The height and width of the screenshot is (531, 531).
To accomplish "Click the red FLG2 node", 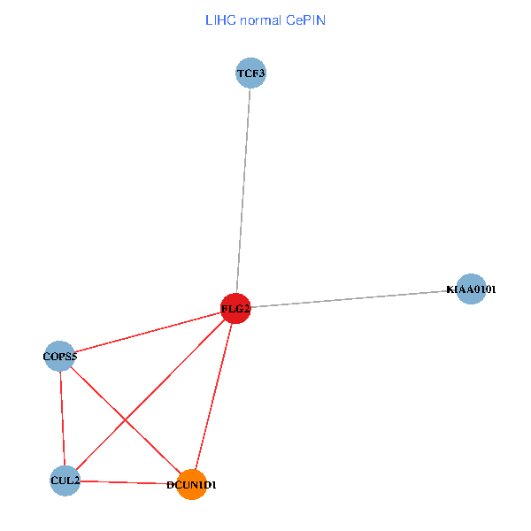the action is (235, 308).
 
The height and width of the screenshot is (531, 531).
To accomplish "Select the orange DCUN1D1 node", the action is (192, 485).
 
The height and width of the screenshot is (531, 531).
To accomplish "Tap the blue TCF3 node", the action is (250, 73).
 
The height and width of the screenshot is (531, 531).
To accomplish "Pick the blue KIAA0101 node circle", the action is (471, 289).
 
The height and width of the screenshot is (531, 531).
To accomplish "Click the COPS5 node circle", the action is (60, 357).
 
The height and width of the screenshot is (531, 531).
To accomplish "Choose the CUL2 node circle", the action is (65, 481).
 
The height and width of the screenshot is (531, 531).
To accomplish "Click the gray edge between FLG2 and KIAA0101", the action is (354, 298).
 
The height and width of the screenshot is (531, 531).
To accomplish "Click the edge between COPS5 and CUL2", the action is (63, 418).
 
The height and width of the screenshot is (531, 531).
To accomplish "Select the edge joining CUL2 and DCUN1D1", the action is (128, 482).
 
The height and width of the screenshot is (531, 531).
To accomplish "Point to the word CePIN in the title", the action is (306, 19).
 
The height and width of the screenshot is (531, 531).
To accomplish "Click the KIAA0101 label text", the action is (472, 289).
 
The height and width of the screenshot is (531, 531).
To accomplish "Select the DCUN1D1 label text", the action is (191, 486).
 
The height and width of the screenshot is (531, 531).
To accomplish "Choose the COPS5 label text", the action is (60, 358).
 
